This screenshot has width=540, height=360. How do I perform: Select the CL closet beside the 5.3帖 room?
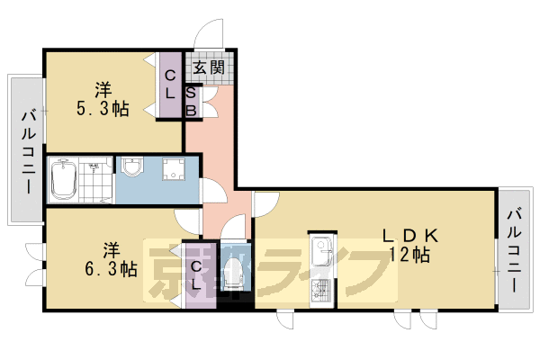(x=169, y=85)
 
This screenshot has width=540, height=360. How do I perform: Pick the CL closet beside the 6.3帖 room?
(x=198, y=274)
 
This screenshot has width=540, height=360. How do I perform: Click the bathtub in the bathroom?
(x=63, y=180)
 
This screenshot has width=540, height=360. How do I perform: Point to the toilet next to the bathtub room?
(x=133, y=168)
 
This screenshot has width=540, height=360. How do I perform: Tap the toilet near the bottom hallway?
(x=233, y=274)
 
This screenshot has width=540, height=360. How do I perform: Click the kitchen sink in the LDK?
(x=321, y=252)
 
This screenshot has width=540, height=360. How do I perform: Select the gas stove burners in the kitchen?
(x=321, y=289)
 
